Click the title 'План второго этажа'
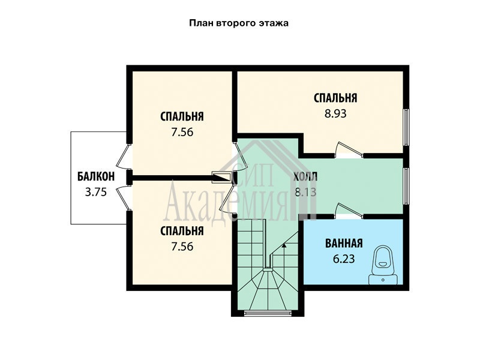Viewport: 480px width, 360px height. click(239, 23)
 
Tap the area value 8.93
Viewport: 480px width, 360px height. click(335, 113)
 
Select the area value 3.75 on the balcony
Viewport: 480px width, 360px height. click(96, 192)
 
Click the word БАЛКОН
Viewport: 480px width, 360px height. click(96, 176)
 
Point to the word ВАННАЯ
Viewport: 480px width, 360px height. click(344, 244)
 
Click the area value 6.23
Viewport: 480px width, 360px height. click(344, 259)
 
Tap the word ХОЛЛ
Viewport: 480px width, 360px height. click(305, 177)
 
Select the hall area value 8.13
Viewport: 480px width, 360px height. click(305, 192)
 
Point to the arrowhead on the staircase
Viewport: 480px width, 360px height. click(284, 244)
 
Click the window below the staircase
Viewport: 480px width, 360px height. click(268, 313)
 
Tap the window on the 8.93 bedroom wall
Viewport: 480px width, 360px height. click(406, 127)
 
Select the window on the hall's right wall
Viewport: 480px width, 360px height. click(406, 186)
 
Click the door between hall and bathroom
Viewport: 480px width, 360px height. click(349, 211)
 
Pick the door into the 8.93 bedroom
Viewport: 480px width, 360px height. click(349, 151)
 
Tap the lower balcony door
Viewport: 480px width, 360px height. click(123, 197)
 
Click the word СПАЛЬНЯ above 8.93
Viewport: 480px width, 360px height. click(335, 98)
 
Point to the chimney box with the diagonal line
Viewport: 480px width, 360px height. click(221, 178)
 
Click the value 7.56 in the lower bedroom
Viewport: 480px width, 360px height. click(182, 247)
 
